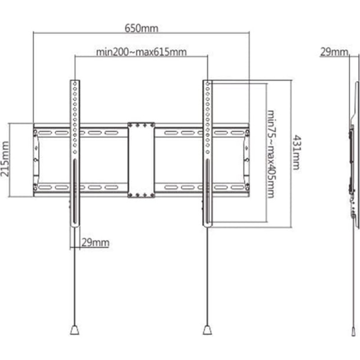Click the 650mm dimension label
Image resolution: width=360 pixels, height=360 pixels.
tap(141, 28)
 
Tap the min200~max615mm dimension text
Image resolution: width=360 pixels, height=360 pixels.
tap(141, 52)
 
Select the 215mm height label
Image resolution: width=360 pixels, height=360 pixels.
tap(5, 159)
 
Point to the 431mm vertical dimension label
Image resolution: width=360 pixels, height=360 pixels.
tap(296, 153)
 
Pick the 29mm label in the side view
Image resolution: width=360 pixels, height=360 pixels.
tap(334, 52)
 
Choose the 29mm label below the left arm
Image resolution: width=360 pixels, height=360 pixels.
tap(95, 243)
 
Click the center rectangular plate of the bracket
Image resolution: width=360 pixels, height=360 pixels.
tap(141, 160)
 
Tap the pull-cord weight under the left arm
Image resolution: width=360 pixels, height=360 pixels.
tap(75, 330)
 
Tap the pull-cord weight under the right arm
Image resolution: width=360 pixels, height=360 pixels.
tap(207, 330)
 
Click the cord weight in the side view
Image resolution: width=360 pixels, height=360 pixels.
tap(353, 332)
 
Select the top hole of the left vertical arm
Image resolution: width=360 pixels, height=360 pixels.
tap(75, 84)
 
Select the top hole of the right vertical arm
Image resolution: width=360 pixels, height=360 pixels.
tap(207, 84)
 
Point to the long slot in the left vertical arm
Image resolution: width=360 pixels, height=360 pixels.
tap(75, 191)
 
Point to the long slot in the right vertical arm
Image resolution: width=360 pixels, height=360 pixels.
tap(207, 191)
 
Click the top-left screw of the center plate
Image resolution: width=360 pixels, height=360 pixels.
tap(130, 125)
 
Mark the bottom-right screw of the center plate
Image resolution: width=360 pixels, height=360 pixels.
tap(152, 195)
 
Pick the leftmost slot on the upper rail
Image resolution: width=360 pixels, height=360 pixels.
tap(45, 133)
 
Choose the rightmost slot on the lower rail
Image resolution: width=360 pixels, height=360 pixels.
tap(238, 188)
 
